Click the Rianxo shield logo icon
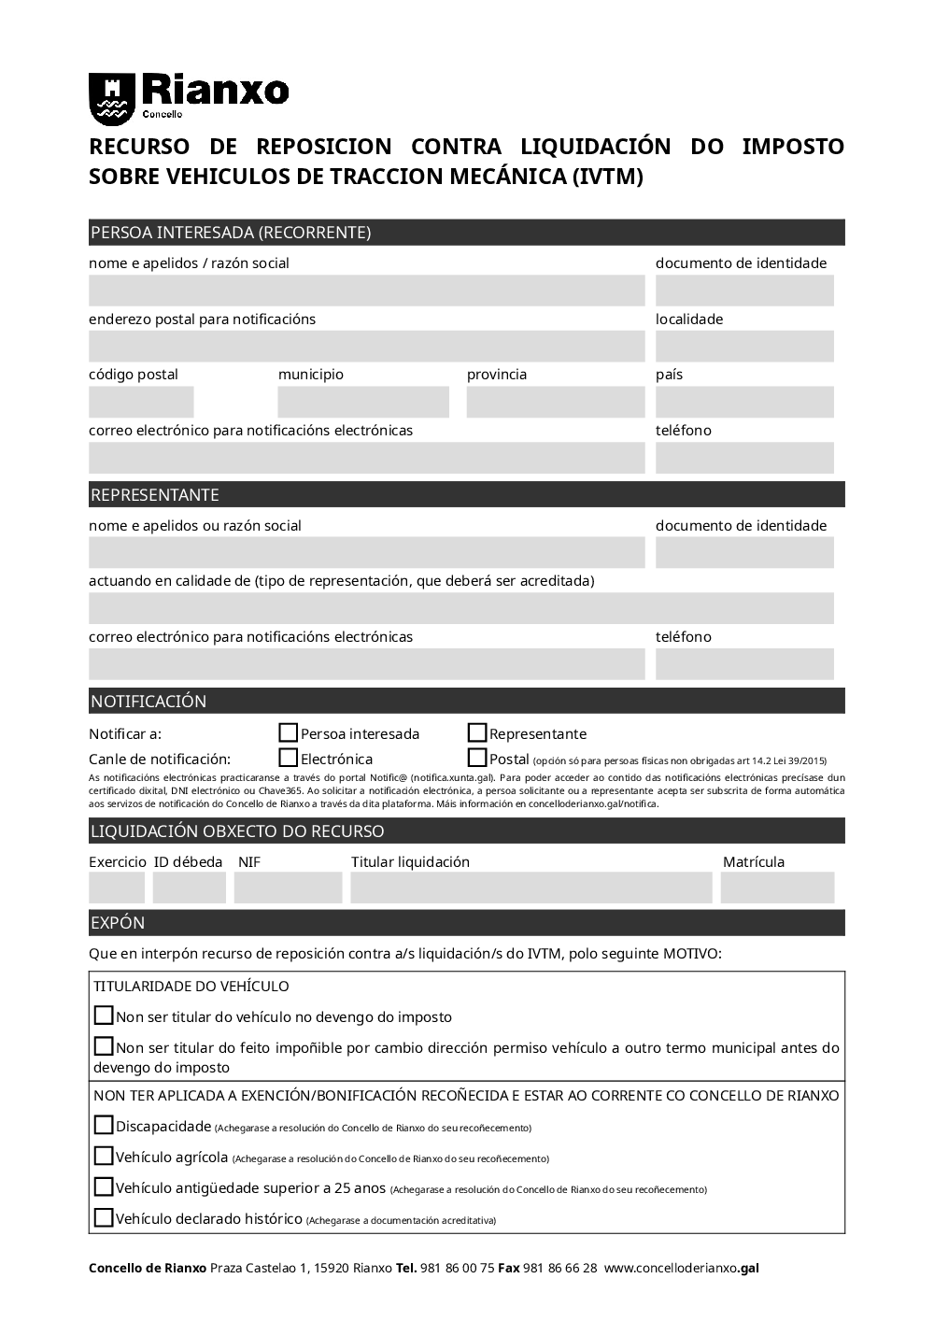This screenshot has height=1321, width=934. (x=111, y=99)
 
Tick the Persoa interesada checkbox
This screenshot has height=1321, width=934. (x=289, y=733)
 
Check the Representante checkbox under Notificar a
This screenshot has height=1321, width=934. (x=477, y=733)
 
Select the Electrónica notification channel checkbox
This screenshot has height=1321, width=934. (x=289, y=759)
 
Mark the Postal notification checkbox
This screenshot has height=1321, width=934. (x=477, y=759)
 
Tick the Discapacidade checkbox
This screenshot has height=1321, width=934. (x=104, y=1126)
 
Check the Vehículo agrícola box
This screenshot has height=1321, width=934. (x=104, y=1157)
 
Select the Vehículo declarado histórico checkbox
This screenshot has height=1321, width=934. (x=104, y=1218)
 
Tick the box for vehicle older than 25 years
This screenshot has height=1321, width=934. (x=104, y=1187)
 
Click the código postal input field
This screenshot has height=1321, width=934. (x=141, y=403)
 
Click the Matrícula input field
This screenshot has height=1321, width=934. (x=777, y=888)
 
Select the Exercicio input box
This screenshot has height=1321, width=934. (x=117, y=888)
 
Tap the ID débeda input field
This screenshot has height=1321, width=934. (x=190, y=888)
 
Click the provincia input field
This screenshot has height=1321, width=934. (x=556, y=403)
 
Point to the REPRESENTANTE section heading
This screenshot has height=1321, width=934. (x=155, y=495)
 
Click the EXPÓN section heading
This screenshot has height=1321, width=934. (x=118, y=923)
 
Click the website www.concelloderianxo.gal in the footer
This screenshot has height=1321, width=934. (x=682, y=1269)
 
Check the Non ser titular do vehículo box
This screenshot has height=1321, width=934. (x=104, y=1016)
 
